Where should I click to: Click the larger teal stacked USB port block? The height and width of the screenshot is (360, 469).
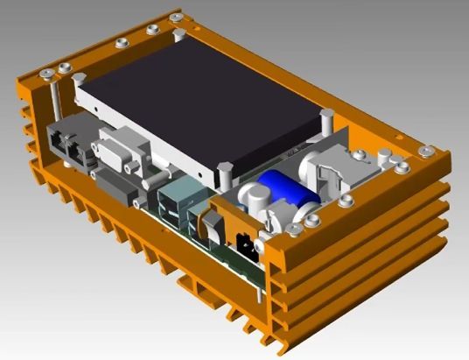click(175, 202)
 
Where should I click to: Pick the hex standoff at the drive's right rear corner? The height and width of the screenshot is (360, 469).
click(326, 118)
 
